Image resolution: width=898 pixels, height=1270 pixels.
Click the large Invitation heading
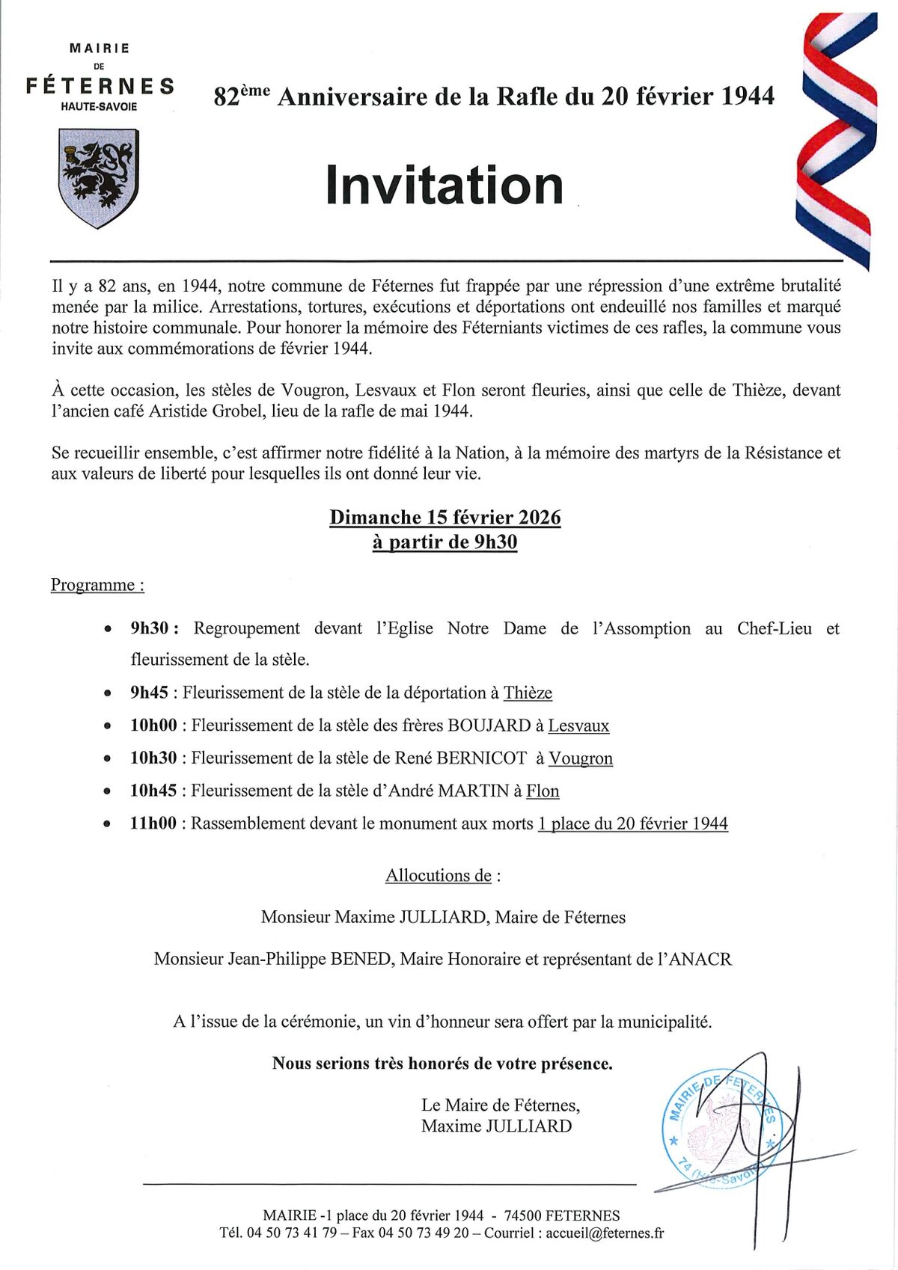(445, 185)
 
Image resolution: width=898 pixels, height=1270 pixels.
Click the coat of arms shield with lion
(98, 177)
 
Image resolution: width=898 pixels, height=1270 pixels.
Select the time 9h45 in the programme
(149, 693)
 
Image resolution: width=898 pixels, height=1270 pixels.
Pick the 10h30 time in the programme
(153, 758)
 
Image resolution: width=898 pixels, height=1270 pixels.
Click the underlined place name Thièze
(528, 693)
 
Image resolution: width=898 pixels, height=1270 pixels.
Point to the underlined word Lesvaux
(578, 726)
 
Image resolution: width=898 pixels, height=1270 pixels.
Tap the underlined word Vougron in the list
(581, 758)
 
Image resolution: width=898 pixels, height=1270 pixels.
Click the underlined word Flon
(543, 791)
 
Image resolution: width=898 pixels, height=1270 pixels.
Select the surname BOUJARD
(489, 726)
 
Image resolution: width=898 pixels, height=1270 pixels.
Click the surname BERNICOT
(481, 758)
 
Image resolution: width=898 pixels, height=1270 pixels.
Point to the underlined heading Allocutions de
(439, 875)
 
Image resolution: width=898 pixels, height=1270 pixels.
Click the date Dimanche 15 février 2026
(445, 518)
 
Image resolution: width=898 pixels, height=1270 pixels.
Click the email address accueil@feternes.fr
(605, 1233)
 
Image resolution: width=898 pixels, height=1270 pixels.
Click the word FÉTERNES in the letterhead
(100, 86)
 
